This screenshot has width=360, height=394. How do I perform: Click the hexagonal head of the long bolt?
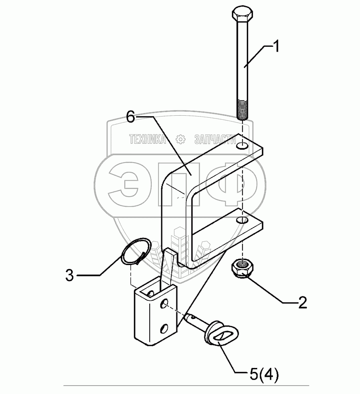(x=242, y=15)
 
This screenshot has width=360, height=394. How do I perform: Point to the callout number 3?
(x=70, y=275)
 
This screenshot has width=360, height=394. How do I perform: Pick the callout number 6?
(x=130, y=117)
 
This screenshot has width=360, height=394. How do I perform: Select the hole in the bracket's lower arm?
(x=241, y=220)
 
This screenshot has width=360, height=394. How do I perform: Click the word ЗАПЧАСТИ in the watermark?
(x=214, y=139)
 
